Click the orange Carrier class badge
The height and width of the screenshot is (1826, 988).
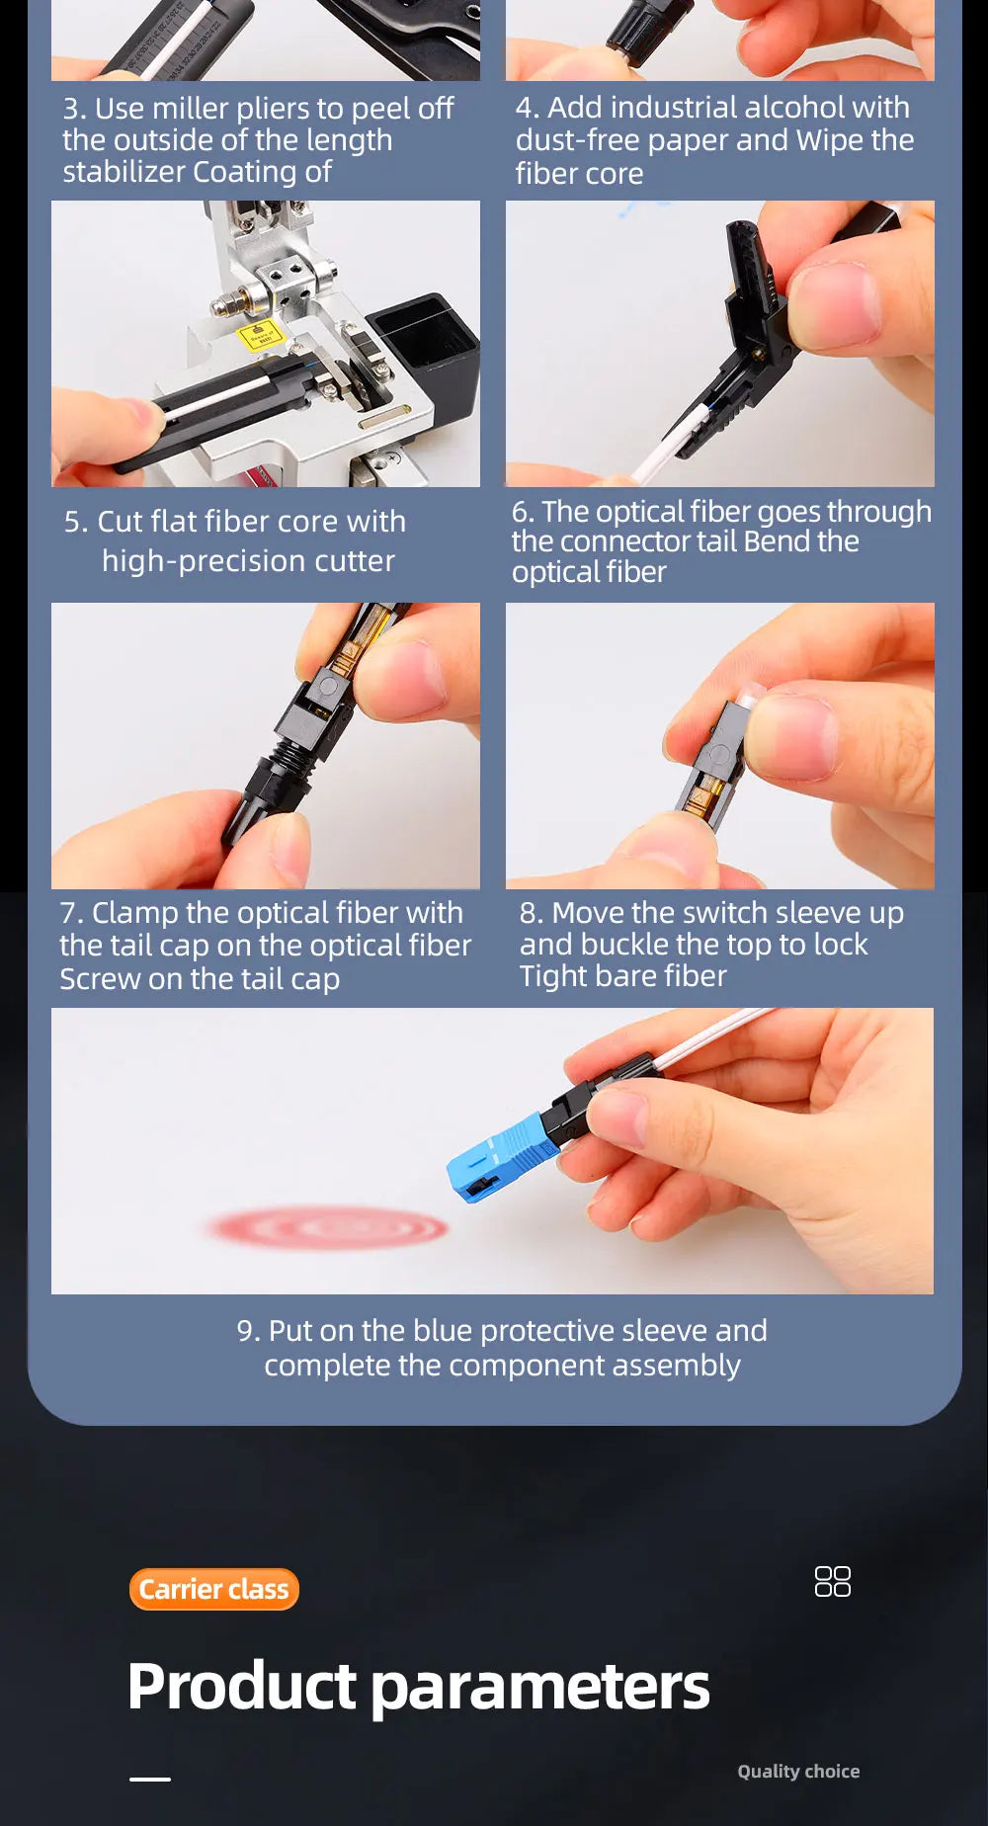pos(214,1589)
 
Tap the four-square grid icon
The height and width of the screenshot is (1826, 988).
pos(832,1581)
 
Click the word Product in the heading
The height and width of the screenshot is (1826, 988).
pos(242,1686)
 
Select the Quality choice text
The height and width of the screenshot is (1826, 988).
pos(798,1771)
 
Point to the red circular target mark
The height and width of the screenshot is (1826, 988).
pos(328,1228)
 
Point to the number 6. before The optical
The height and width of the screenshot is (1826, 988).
pos(523,512)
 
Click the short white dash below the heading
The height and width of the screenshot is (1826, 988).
pos(150,1779)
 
